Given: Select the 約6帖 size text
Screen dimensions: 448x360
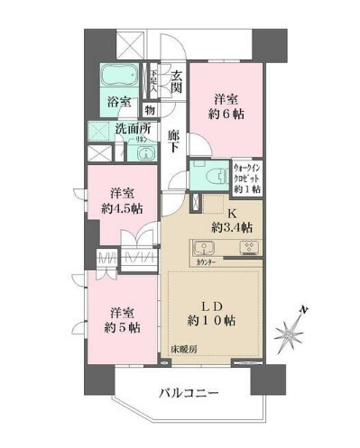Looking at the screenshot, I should pos(229,115).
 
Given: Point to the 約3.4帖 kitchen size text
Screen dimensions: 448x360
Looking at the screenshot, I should pos(232,226).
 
